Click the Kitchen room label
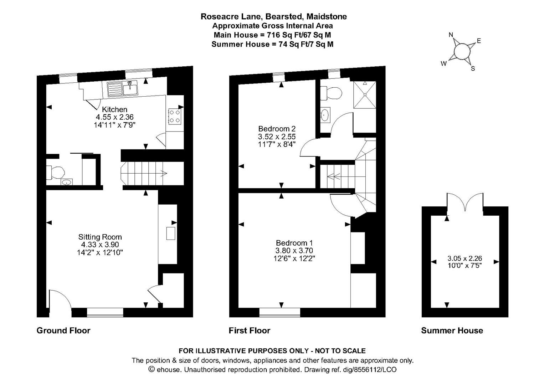114,109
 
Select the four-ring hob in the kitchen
174,116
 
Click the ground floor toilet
56,173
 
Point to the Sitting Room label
100,237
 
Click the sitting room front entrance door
60,299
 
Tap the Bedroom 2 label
277,129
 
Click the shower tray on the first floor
364,95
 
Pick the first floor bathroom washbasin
325,115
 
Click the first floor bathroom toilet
331,94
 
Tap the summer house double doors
465,203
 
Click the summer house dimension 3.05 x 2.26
465,258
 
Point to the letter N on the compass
451,35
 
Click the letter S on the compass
473,68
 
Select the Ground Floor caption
63,330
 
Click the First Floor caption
249,330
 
